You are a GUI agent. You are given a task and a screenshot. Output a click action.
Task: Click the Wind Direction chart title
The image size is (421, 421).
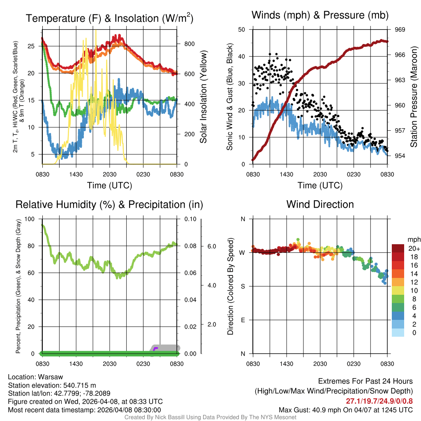coord(320,204)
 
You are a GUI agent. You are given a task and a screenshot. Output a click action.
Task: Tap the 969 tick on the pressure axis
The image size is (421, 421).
coord(400,30)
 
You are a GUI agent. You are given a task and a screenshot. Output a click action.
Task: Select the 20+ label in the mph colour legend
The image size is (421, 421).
coord(413,248)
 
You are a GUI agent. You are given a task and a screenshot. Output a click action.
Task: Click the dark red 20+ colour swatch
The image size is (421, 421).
coord(398,248)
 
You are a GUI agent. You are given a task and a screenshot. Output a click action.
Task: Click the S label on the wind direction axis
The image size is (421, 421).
coord(243,286)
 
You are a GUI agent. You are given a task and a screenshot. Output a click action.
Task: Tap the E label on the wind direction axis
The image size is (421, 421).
coord(243,320)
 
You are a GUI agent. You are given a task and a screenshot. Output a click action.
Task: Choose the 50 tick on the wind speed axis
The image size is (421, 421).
coord(242,30)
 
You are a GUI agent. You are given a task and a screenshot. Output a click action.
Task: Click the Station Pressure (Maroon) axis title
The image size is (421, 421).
coord(414,97)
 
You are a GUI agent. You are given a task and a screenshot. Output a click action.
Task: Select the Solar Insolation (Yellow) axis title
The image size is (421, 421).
coord(204,97)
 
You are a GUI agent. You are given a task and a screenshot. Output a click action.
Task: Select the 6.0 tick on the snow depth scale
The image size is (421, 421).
coord(211,246)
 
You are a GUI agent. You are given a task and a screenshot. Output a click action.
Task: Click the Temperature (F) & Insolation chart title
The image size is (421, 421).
coord(109,18)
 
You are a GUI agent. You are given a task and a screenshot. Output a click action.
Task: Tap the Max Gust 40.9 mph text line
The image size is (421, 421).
coord(345,409)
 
